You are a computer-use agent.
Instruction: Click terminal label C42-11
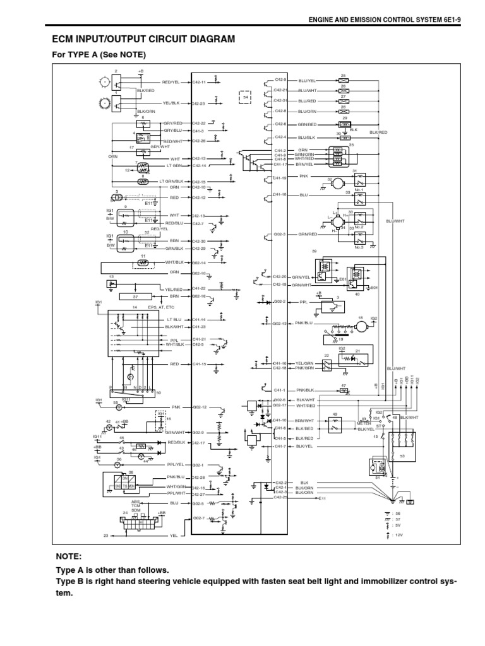click(x=199, y=82)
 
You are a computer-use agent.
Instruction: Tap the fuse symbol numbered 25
click(x=344, y=81)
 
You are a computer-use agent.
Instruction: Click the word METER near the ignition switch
click(x=363, y=423)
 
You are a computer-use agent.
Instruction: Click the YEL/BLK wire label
click(x=172, y=103)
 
